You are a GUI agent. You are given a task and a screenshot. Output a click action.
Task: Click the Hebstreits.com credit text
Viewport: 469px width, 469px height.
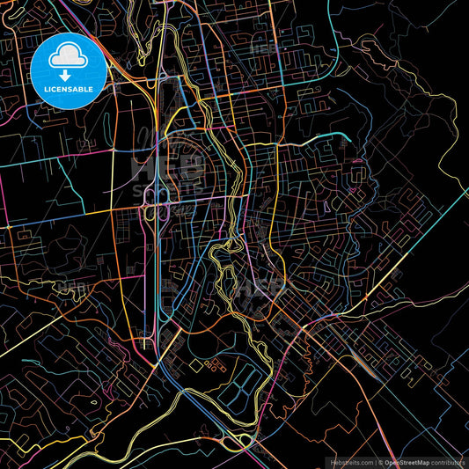pyautogui.click(x=350, y=462)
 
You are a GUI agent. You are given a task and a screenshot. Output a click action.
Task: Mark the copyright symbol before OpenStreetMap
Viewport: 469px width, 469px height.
pyautogui.click(x=381, y=462)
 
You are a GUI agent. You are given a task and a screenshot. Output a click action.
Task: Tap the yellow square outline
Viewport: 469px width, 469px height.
pyautogui.click(x=194, y=363)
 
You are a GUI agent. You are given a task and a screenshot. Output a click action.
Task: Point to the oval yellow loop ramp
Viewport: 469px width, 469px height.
pyautogui.click(x=236, y=439)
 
